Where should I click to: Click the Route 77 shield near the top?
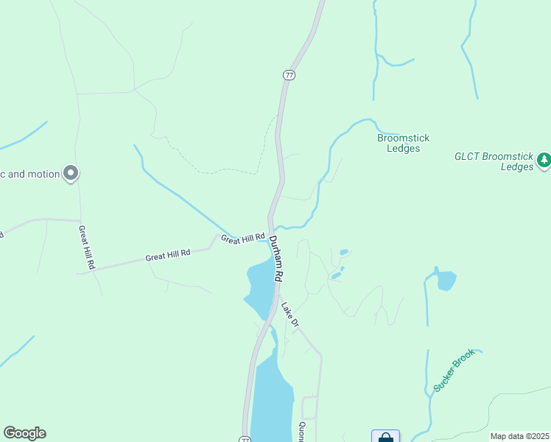pyautogui.click(x=289, y=75)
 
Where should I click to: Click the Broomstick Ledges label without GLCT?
pyautogui.click(x=403, y=143)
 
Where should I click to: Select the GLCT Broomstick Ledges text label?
pyautogui.click(x=494, y=161)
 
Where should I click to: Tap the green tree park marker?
pyautogui.click(x=544, y=159)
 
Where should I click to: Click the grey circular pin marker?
pyautogui.click(x=71, y=174)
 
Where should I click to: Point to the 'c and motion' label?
pyautogui.click(x=29, y=175)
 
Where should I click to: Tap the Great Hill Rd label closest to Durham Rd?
pyautogui.click(x=242, y=239)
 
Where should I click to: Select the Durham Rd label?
pyautogui.click(x=275, y=259)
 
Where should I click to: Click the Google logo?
pyautogui.click(x=24, y=433)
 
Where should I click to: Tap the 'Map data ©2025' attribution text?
pyautogui.click(x=519, y=436)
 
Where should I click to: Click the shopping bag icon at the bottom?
pyautogui.click(x=385, y=437)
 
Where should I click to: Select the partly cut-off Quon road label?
pyautogui.click(x=302, y=431)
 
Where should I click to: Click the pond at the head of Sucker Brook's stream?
pyautogui.click(x=445, y=281)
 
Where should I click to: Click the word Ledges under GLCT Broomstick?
pyautogui.click(x=516, y=167)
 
